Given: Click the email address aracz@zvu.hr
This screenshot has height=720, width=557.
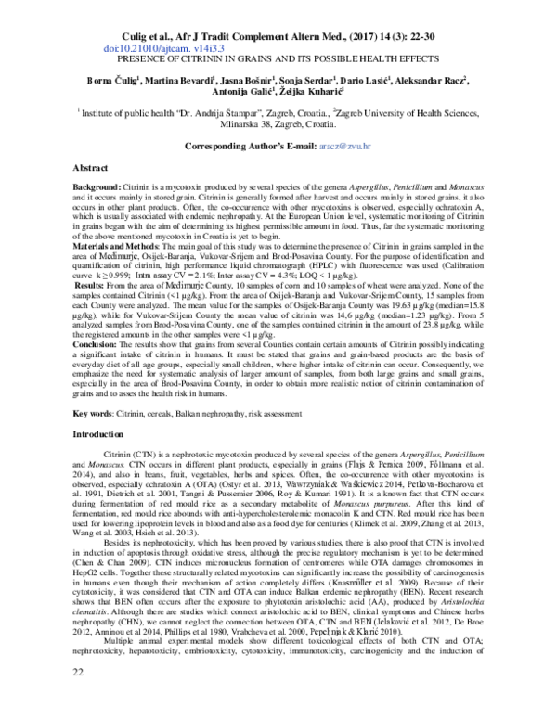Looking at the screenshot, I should click(x=339, y=147).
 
